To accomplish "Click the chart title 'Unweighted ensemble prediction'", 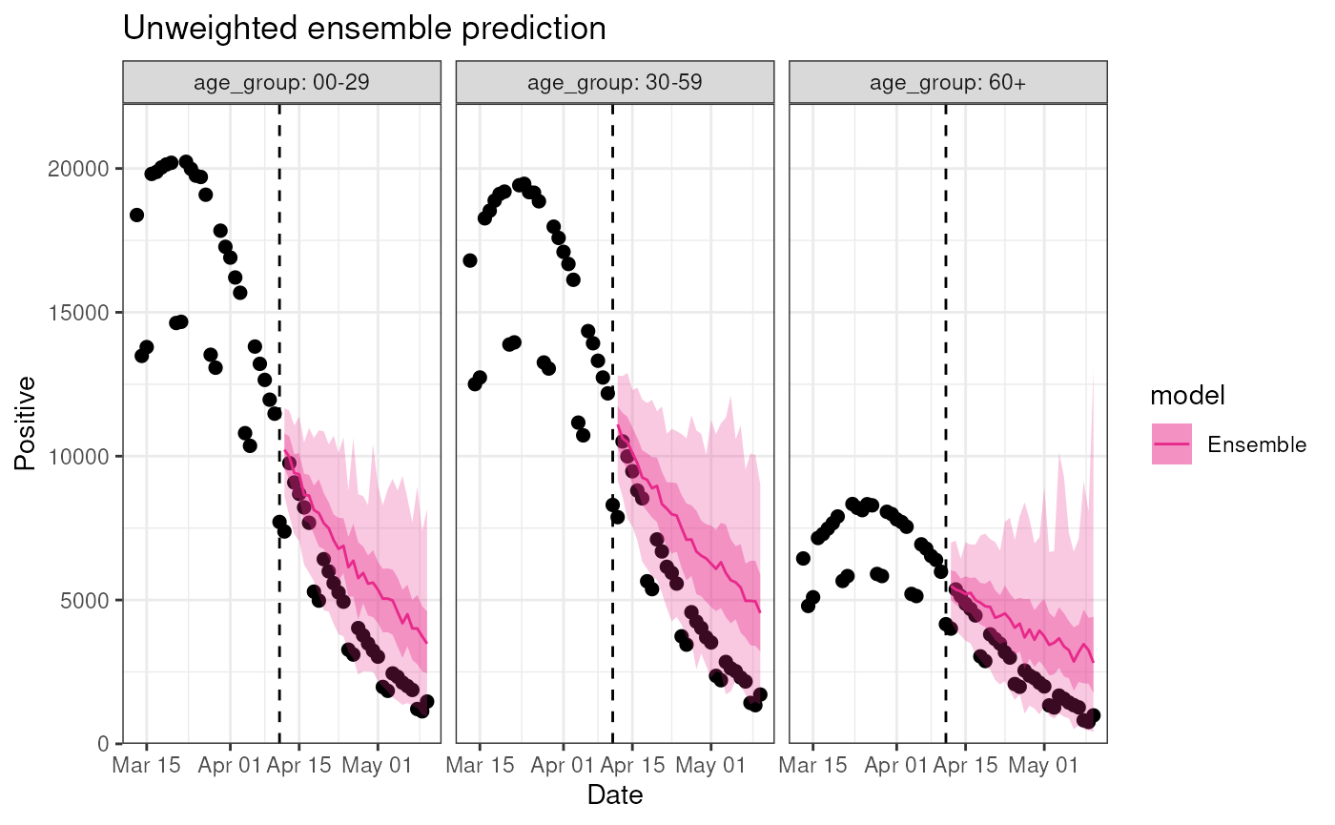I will tap(364, 29).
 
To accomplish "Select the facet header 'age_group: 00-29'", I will tap(281, 82).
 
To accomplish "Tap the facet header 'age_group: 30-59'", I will tap(615, 82).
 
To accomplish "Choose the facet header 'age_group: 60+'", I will tap(948, 82).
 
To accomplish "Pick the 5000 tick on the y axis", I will tap(92, 600).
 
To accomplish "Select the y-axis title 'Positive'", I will tap(26, 423).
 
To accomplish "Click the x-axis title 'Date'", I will tap(615, 795).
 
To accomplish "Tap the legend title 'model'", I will tap(1187, 395).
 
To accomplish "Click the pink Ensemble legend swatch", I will tap(1172, 444).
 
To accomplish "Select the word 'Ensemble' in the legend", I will tap(1256, 444).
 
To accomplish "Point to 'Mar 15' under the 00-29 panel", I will tap(146, 765).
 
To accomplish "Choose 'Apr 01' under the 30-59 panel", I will tap(563, 765).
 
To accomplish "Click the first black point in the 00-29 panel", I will tap(136, 215).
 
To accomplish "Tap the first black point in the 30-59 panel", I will tap(469, 260).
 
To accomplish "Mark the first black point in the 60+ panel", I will tap(803, 558).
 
